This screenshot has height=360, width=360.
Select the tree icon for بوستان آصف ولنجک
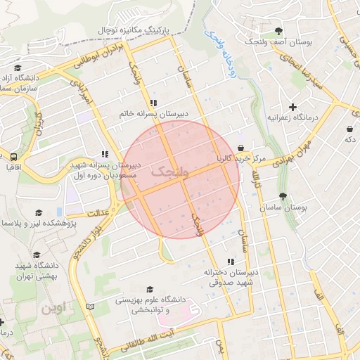(279, 31)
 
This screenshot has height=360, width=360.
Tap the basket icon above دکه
(349, 129)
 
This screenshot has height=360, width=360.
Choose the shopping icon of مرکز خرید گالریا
(241, 148)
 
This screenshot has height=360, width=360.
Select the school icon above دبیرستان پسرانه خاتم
(154, 103)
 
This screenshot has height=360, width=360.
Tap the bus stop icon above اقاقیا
(13, 157)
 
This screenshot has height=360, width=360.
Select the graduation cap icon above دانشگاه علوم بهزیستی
(148, 289)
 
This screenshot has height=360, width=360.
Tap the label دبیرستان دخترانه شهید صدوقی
(232, 277)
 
